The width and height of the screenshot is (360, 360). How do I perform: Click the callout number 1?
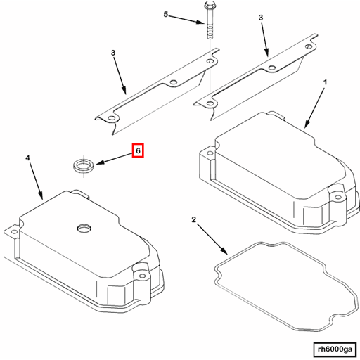(325, 82)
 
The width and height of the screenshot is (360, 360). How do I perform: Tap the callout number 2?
(194, 221)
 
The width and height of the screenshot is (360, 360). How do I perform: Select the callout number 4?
(28, 159)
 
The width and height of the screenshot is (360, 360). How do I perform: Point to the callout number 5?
(167, 14)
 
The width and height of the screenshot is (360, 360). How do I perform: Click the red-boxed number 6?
(138, 150)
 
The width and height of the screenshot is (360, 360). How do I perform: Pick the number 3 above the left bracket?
(112, 53)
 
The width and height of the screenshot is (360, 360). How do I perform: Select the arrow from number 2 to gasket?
(211, 238)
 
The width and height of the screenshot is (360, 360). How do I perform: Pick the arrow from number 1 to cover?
(315, 105)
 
